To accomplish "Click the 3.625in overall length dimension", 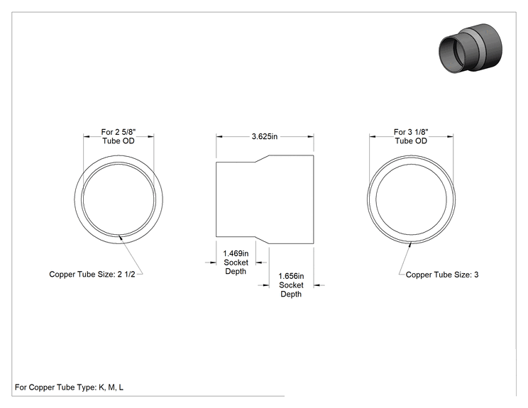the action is pyautogui.click(x=265, y=136).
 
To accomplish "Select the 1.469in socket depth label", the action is pyautogui.click(x=236, y=263).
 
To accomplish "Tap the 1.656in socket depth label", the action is pyautogui.click(x=291, y=285).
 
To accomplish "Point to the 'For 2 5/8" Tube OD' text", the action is pyautogui.click(x=119, y=136).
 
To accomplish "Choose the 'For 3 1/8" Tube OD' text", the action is pyautogui.click(x=411, y=136).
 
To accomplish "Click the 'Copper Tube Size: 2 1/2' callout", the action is pyautogui.click(x=92, y=275).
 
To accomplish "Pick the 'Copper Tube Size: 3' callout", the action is pyautogui.click(x=442, y=275).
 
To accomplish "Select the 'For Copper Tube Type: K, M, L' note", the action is pyautogui.click(x=69, y=387).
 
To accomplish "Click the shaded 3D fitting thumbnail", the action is pyautogui.click(x=471, y=48).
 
